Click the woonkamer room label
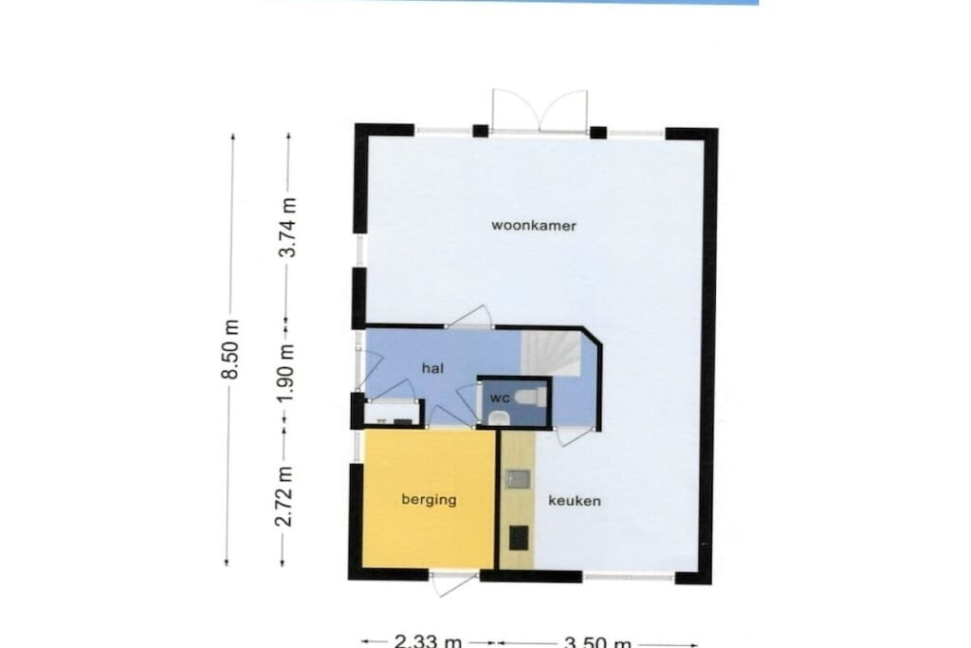click(534, 226)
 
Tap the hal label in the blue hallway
click(432, 369)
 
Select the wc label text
click(499, 398)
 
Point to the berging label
click(429, 499)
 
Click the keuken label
click(575, 501)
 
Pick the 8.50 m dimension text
click(230, 349)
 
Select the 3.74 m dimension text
click(287, 227)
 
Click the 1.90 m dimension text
click(285, 372)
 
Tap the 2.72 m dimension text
click(284, 496)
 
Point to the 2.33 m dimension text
click(429, 641)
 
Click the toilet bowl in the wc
click(531, 397)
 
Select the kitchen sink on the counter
click(518, 479)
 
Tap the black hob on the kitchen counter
click(519, 538)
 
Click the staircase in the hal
click(551, 353)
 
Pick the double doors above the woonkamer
click(540, 112)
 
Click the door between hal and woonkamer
click(469, 317)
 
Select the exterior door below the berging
click(454, 583)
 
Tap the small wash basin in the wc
click(498, 418)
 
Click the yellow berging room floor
click(429, 499)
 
